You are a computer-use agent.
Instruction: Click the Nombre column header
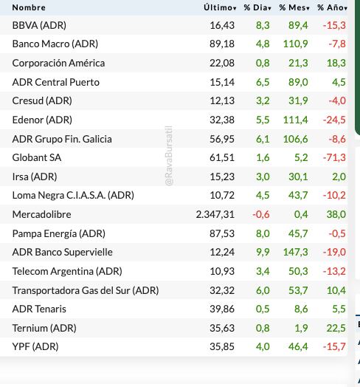(x=29, y=7)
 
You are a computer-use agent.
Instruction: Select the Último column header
(x=219, y=7)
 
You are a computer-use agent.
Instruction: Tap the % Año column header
(x=331, y=7)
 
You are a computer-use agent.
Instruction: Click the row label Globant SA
(x=37, y=157)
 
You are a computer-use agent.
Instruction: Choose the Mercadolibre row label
(x=42, y=214)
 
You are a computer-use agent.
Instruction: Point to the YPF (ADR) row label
(x=35, y=346)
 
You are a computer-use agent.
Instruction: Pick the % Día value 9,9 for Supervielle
(x=263, y=252)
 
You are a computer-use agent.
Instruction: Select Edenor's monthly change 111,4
(x=295, y=120)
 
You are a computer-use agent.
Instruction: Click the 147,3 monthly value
(x=295, y=252)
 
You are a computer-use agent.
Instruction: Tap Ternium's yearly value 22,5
(x=336, y=328)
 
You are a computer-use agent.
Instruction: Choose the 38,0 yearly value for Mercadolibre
(x=336, y=214)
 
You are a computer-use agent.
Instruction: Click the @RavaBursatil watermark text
(x=169, y=156)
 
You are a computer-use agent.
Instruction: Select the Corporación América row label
(x=59, y=63)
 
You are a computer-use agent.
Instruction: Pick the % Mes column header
(x=294, y=7)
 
